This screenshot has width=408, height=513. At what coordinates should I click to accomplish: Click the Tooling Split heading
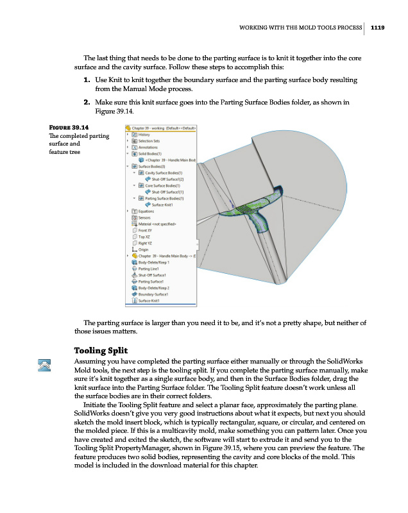[101, 351]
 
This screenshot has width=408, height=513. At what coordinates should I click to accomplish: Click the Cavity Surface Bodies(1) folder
[164, 172]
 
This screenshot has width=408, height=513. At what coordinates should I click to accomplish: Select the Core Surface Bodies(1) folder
[162, 185]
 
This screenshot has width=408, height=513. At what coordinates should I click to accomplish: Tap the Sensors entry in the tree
[144, 217]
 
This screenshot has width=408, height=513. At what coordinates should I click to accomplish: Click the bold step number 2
[85, 102]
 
